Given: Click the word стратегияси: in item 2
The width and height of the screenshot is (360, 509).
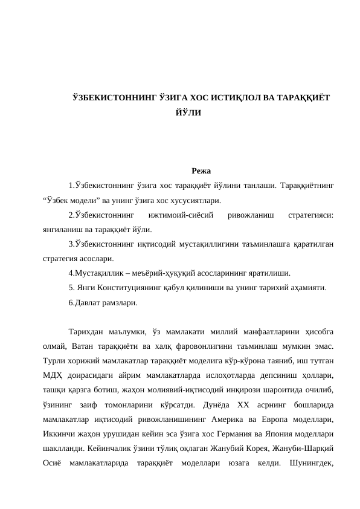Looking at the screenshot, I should [312, 215].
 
